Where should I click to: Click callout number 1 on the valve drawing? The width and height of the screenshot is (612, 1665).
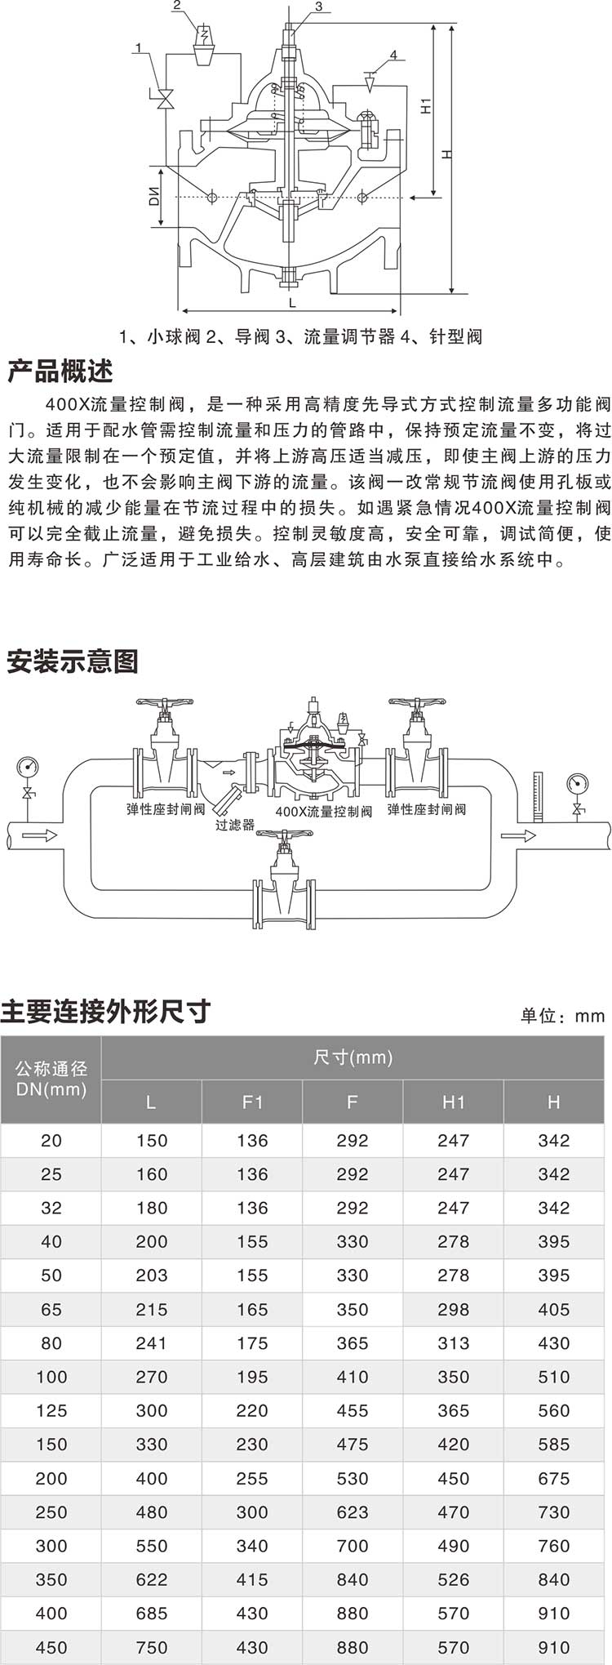(x=139, y=48)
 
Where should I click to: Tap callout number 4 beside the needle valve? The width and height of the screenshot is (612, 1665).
(x=393, y=56)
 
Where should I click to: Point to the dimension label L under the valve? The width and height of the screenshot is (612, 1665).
(x=292, y=302)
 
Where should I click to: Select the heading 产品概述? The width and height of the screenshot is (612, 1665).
(x=60, y=372)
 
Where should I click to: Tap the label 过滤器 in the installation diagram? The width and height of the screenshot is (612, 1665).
(x=235, y=825)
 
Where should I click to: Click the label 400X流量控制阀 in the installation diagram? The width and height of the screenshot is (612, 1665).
(x=323, y=812)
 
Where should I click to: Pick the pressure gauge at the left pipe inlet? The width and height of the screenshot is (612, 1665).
(x=28, y=768)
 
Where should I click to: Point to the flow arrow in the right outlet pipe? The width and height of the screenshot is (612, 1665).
(x=518, y=835)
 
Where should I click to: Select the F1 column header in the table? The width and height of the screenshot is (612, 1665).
(x=252, y=1102)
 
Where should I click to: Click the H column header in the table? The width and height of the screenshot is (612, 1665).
(x=553, y=1102)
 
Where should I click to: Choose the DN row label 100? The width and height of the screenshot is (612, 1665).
(x=51, y=1377)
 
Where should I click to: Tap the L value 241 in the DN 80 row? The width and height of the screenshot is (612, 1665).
(x=152, y=1343)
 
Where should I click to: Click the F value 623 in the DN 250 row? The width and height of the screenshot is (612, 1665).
(x=353, y=1512)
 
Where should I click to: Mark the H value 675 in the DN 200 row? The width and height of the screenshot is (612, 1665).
(x=553, y=1478)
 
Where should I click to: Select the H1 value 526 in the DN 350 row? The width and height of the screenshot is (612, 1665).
(x=453, y=1579)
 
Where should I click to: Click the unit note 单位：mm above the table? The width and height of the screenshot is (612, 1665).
(x=562, y=1016)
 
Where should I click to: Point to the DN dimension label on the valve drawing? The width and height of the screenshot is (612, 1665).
(x=155, y=196)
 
